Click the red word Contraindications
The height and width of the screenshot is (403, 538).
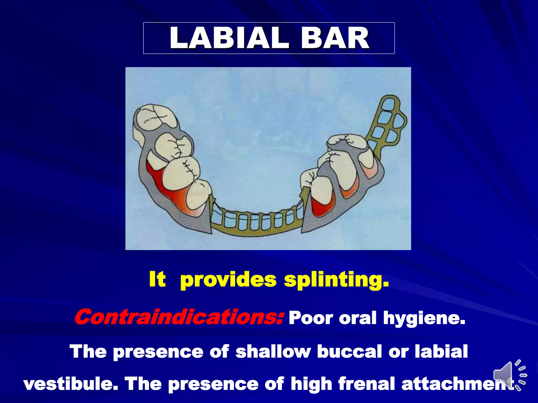[179, 317]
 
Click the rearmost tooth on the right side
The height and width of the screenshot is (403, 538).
[347, 143]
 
